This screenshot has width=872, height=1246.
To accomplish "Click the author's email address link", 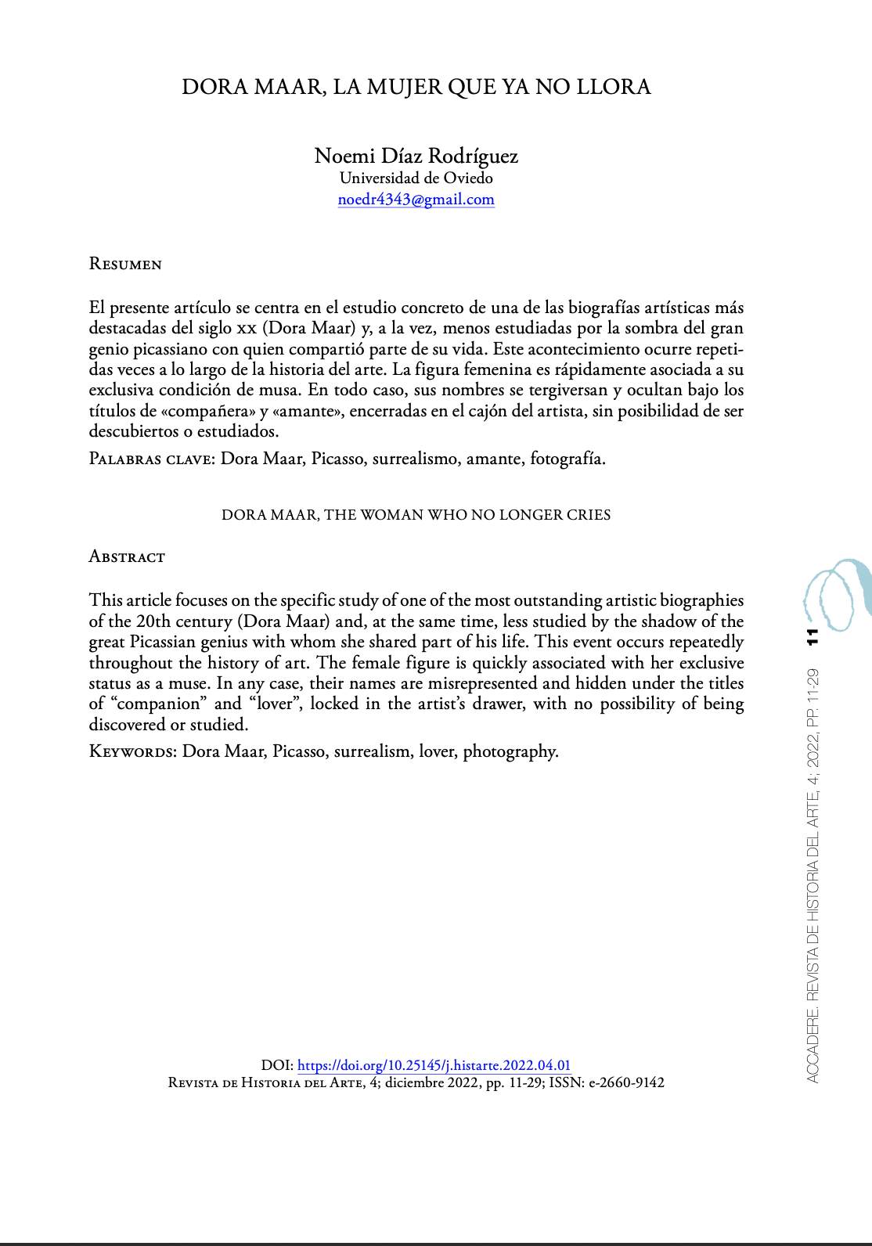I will click(x=416, y=200).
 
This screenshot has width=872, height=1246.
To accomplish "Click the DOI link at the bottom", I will click(x=434, y=1065).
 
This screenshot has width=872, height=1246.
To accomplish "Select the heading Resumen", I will click(x=125, y=265).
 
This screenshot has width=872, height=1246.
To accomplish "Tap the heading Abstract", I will click(x=127, y=557).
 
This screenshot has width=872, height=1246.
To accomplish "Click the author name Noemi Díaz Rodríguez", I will click(x=416, y=156).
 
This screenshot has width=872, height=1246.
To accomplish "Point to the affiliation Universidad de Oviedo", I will click(x=416, y=178).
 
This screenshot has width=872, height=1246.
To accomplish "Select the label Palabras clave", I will click(x=151, y=459).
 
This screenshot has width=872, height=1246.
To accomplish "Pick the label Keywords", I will click(x=132, y=752).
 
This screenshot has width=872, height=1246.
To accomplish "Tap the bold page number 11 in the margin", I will click(x=813, y=637).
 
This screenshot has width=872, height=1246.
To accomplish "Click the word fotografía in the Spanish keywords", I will click(x=567, y=459).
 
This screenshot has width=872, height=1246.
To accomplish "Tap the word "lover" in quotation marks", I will click(x=274, y=704).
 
